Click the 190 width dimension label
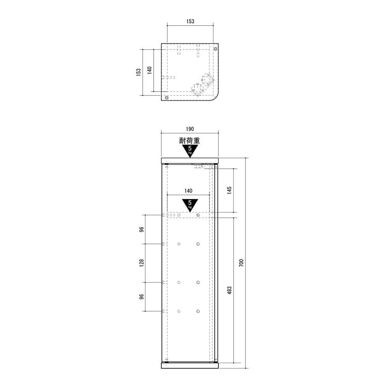[x=190, y=129]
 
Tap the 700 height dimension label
[x=241, y=263]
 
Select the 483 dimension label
[x=229, y=290]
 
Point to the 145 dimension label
[x=229, y=190]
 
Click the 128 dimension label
[x=141, y=263]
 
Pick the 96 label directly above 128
[x=141, y=229]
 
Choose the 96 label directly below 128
[x=141, y=296]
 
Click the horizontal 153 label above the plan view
[x=190, y=21]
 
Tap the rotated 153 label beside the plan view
[x=139, y=72]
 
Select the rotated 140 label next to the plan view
[x=149, y=70]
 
